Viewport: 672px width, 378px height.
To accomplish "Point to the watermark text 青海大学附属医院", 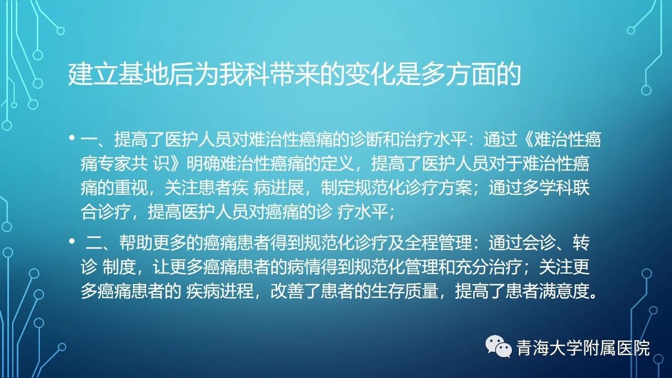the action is coord(583,349).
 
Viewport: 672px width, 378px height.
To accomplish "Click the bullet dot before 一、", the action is coord(71,138).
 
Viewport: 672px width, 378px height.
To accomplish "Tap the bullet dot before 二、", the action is coord(71,241).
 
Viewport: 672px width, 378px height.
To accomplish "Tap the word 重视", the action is coord(131,188).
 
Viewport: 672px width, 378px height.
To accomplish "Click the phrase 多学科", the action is coord(547,188).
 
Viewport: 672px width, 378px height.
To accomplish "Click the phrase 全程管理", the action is coord(438,243).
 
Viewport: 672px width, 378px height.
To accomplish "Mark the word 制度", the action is coord(119,267).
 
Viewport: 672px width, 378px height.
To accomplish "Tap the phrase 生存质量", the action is coord(404,291).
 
